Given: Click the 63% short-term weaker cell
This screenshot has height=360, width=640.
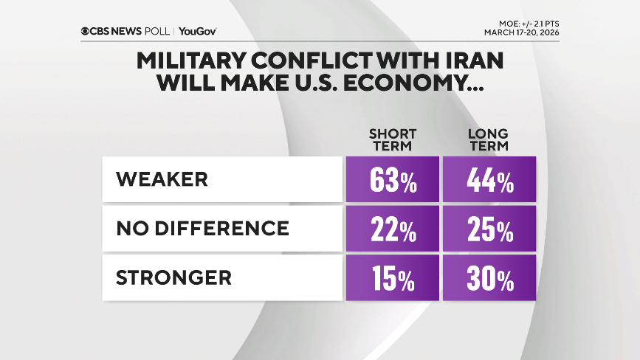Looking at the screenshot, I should click(x=392, y=179).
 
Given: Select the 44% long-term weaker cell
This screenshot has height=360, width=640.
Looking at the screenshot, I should click(x=489, y=179).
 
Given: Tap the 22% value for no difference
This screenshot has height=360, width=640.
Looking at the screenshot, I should click(x=392, y=229).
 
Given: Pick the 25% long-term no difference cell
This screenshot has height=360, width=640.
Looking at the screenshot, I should click(x=489, y=229).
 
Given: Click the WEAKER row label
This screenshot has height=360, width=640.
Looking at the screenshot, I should click(x=162, y=179).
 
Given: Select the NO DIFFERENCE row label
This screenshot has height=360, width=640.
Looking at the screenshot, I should click(x=202, y=229).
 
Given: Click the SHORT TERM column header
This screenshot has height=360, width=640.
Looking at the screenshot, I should click(x=393, y=139).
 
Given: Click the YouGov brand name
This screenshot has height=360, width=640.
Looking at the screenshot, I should click(x=197, y=31).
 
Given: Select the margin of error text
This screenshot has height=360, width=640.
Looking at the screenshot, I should click(x=528, y=24).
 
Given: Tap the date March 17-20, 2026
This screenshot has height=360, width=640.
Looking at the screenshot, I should click(x=521, y=32).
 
